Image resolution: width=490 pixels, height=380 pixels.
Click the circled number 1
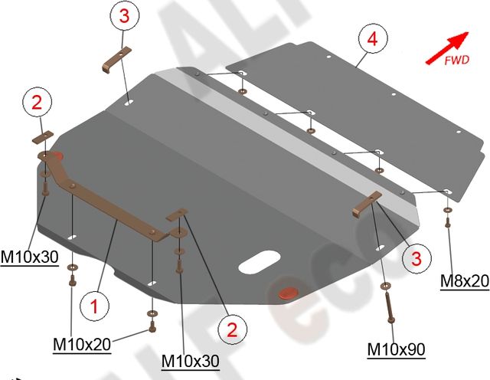tap(94, 308)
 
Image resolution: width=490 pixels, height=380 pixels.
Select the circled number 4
tap(371, 38)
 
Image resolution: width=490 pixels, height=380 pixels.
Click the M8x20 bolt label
tap(464, 281)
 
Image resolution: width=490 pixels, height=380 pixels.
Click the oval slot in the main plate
tap(260, 261)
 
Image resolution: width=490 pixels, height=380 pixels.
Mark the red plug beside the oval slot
tap(289, 291)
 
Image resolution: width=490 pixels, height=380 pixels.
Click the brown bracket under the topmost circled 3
tap(116, 59)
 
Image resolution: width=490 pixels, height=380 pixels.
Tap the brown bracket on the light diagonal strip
tap(365, 205)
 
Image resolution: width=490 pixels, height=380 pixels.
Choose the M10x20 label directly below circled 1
tap(81, 345)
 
